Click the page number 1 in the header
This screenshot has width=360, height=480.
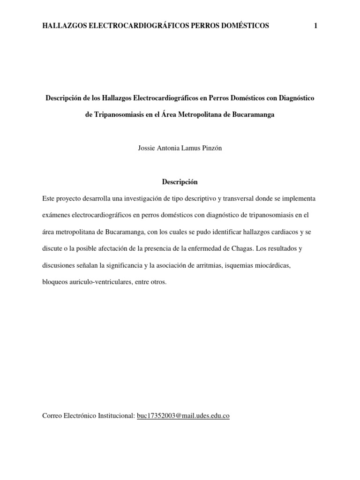pyautogui.click(x=316, y=26)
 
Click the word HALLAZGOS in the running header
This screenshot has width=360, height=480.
pyautogui.click(x=64, y=26)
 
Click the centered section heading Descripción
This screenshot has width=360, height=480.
pyautogui.click(x=180, y=181)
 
